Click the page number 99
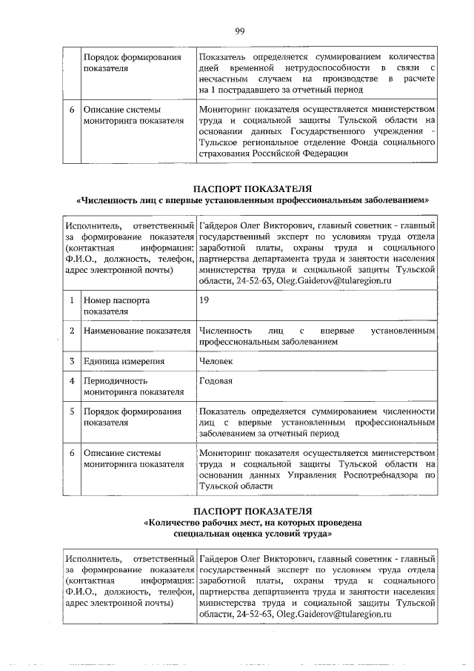point(239,30)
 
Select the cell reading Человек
point(216,361)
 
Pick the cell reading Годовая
point(216,381)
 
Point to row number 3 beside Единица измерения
point(72,361)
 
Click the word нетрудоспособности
point(290,67)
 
